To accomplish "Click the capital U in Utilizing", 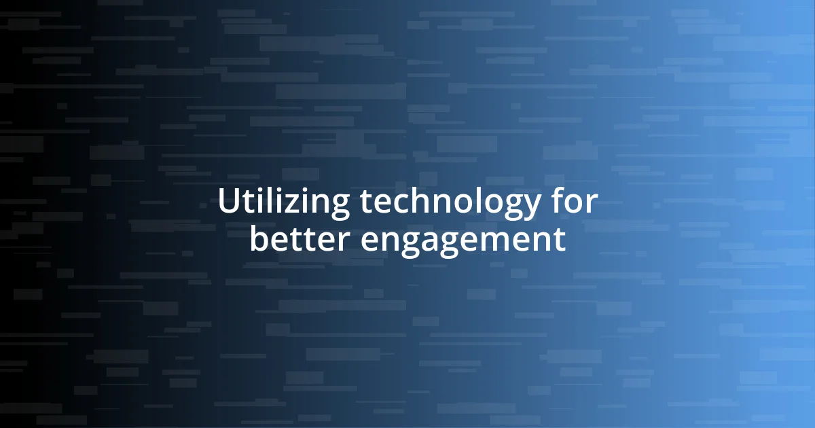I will tap(228, 202).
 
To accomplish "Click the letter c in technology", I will tap(403, 204).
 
